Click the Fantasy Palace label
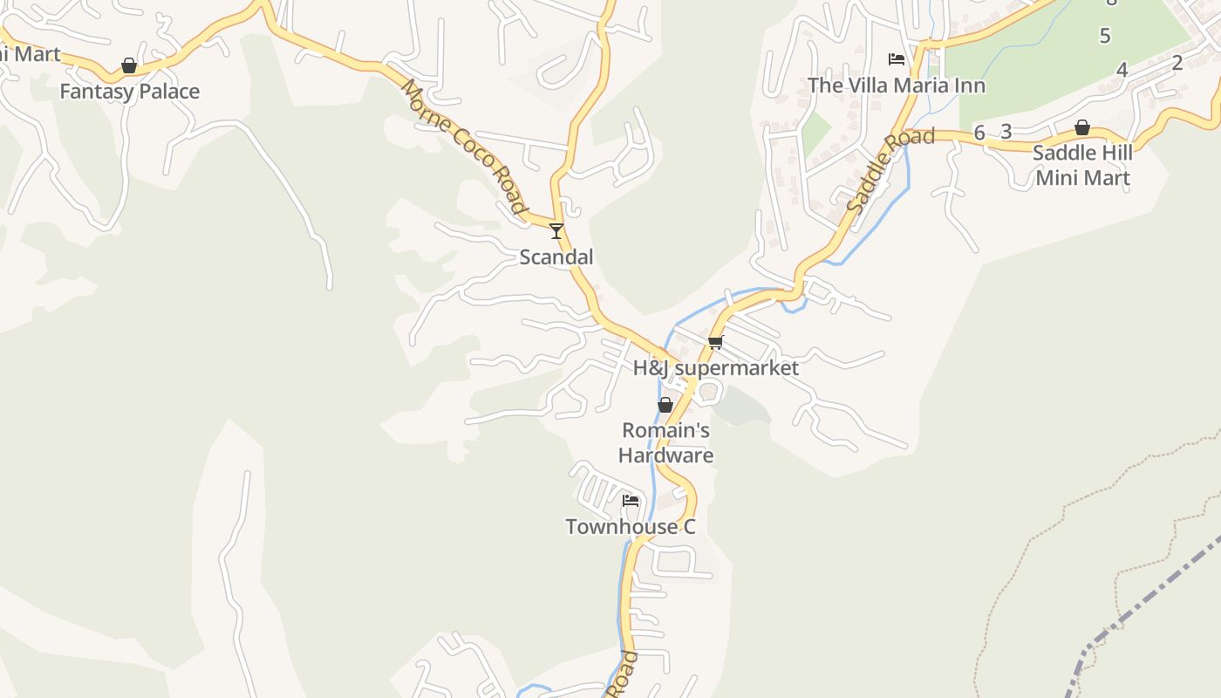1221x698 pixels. coord(129,92)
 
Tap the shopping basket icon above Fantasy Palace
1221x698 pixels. coord(129,65)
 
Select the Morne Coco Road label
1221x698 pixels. coord(464,147)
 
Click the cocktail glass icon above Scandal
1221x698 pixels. coord(556,231)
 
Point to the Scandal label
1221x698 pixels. coord(556,257)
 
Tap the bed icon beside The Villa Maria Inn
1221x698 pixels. coord(897,59)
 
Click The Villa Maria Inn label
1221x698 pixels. coord(897,86)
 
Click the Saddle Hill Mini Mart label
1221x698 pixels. coord(1082,165)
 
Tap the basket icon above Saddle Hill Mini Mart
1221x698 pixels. coord(1082,127)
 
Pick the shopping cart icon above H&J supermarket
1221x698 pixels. coord(716,342)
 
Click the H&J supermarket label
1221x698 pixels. coord(716,368)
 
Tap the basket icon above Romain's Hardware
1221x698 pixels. coord(665,405)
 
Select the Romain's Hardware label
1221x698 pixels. coord(665,442)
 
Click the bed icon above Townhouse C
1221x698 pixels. coord(631,501)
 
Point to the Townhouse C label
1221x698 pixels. coord(631,527)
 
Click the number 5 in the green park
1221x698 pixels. coord(1105,36)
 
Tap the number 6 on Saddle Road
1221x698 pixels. coord(979,133)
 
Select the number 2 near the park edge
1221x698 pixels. coord(1177,62)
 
